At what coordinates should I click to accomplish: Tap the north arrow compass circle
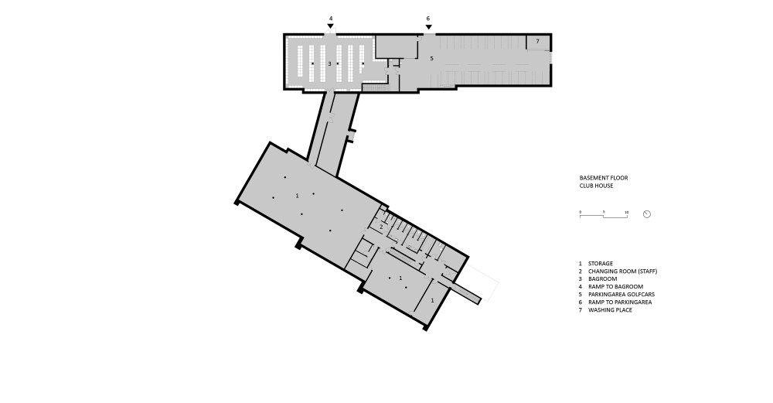coord(647,214)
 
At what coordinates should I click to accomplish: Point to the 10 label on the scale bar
coord(627,211)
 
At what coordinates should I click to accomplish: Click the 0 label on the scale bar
coord(581,211)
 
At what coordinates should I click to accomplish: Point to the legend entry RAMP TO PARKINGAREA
coord(619,302)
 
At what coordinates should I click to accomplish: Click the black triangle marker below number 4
coord(330,27)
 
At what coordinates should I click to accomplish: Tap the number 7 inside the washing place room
coord(537,40)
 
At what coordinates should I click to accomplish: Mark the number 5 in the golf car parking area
coord(432,59)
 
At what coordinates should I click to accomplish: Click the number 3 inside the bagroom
coord(329,63)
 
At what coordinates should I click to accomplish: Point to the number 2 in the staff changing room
coord(381,226)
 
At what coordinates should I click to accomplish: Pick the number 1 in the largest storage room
coord(297,196)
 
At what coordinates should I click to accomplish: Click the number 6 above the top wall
coord(427,17)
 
